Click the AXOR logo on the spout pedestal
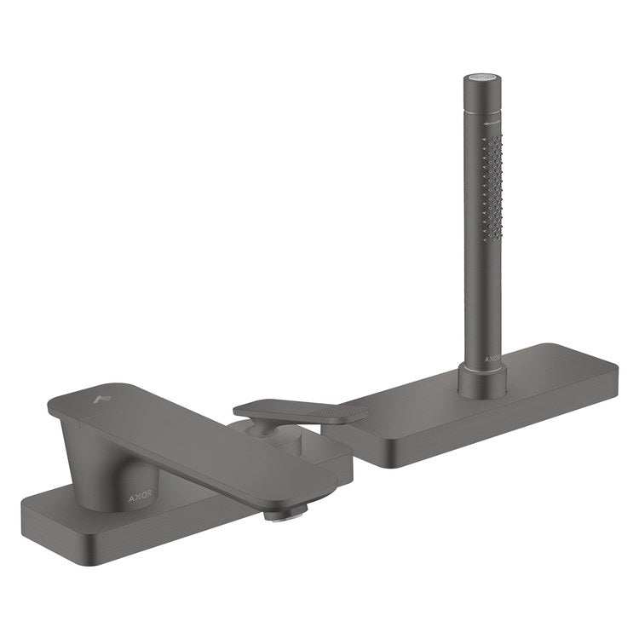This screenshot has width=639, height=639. (x=141, y=498)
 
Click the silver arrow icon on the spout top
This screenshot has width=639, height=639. (x=101, y=399)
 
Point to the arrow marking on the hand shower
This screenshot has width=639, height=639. (x=492, y=123)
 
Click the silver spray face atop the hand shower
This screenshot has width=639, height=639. (x=481, y=76)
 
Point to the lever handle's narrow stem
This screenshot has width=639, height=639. (x=260, y=427)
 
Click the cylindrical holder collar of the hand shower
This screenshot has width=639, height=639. (x=482, y=380)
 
